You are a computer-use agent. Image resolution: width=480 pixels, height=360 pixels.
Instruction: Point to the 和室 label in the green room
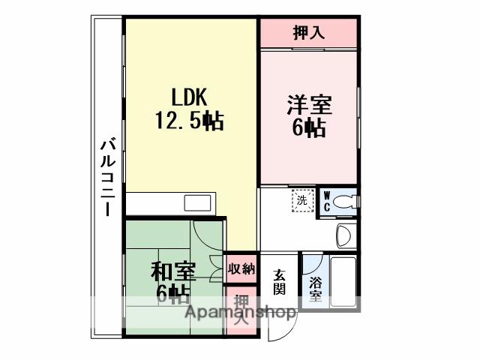(x=173, y=271)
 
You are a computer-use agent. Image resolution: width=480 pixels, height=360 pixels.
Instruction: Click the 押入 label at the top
(x=307, y=33)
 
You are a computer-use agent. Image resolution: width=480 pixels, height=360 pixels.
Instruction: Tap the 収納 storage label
(x=241, y=268)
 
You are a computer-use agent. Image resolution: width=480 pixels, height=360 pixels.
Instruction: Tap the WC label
(x=327, y=201)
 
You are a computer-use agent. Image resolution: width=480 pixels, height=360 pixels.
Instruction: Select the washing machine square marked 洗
(x=301, y=200)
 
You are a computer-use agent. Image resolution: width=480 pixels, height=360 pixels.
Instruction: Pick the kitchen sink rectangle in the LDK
(x=198, y=203)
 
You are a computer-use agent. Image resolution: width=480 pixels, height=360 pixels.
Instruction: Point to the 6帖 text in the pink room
(x=307, y=128)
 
